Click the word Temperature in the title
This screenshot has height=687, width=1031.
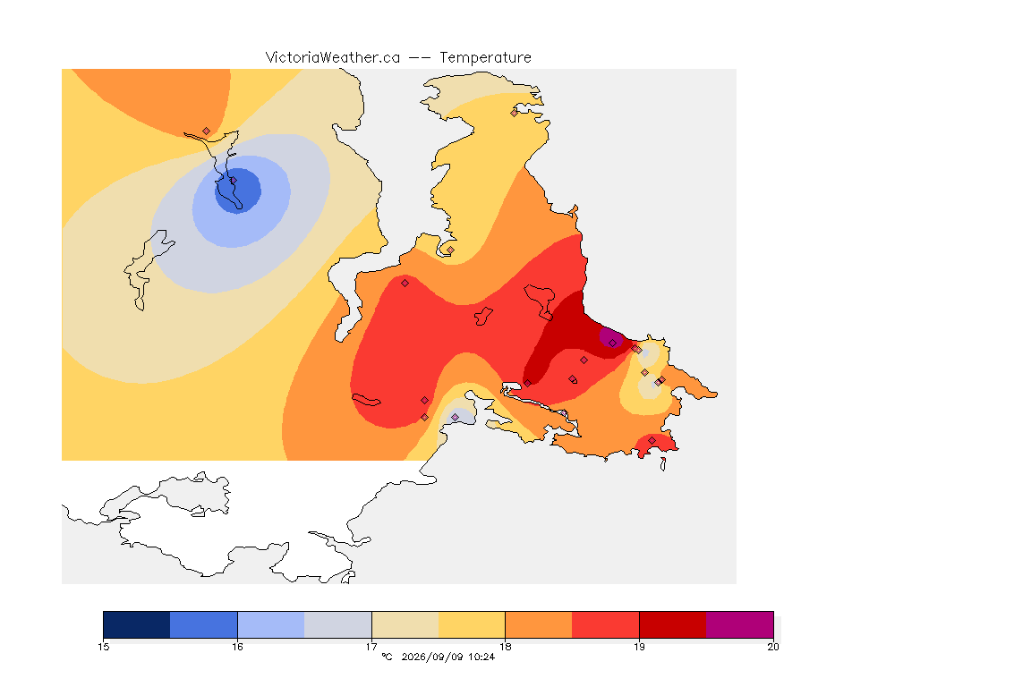click(x=485, y=58)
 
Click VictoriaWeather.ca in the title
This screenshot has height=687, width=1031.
click(x=333, y=58)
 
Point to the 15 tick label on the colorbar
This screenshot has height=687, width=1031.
click(x=103, y=647)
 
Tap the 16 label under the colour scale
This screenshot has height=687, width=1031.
click(x=237, y=647)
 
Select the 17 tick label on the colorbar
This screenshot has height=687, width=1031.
click(x=371, y=647)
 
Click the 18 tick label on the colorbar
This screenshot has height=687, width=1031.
click(x=505, y=647)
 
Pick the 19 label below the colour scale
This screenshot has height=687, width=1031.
click(x=639, y=647)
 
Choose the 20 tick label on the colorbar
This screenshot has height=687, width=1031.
click(x=773, y=647)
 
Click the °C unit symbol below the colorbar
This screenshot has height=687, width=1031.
click(x=388, y=657)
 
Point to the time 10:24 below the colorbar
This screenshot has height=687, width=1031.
click(x=481, y=657)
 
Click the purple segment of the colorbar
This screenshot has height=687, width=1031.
click(x=740, y=624)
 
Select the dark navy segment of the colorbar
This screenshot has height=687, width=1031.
click(x=137, y=624)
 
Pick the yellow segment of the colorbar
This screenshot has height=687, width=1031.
click(x=472, y=624)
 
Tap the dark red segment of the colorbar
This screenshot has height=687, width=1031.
click(x=673, y=624)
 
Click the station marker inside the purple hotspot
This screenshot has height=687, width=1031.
click(x=613, y=343)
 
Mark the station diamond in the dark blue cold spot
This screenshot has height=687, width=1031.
click(x=233, y=181)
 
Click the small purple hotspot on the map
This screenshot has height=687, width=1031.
click(x=611, y=338)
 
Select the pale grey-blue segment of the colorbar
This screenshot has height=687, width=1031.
click(x=338, y=624)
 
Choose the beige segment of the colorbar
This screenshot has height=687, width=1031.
click(x=405, y=624)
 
